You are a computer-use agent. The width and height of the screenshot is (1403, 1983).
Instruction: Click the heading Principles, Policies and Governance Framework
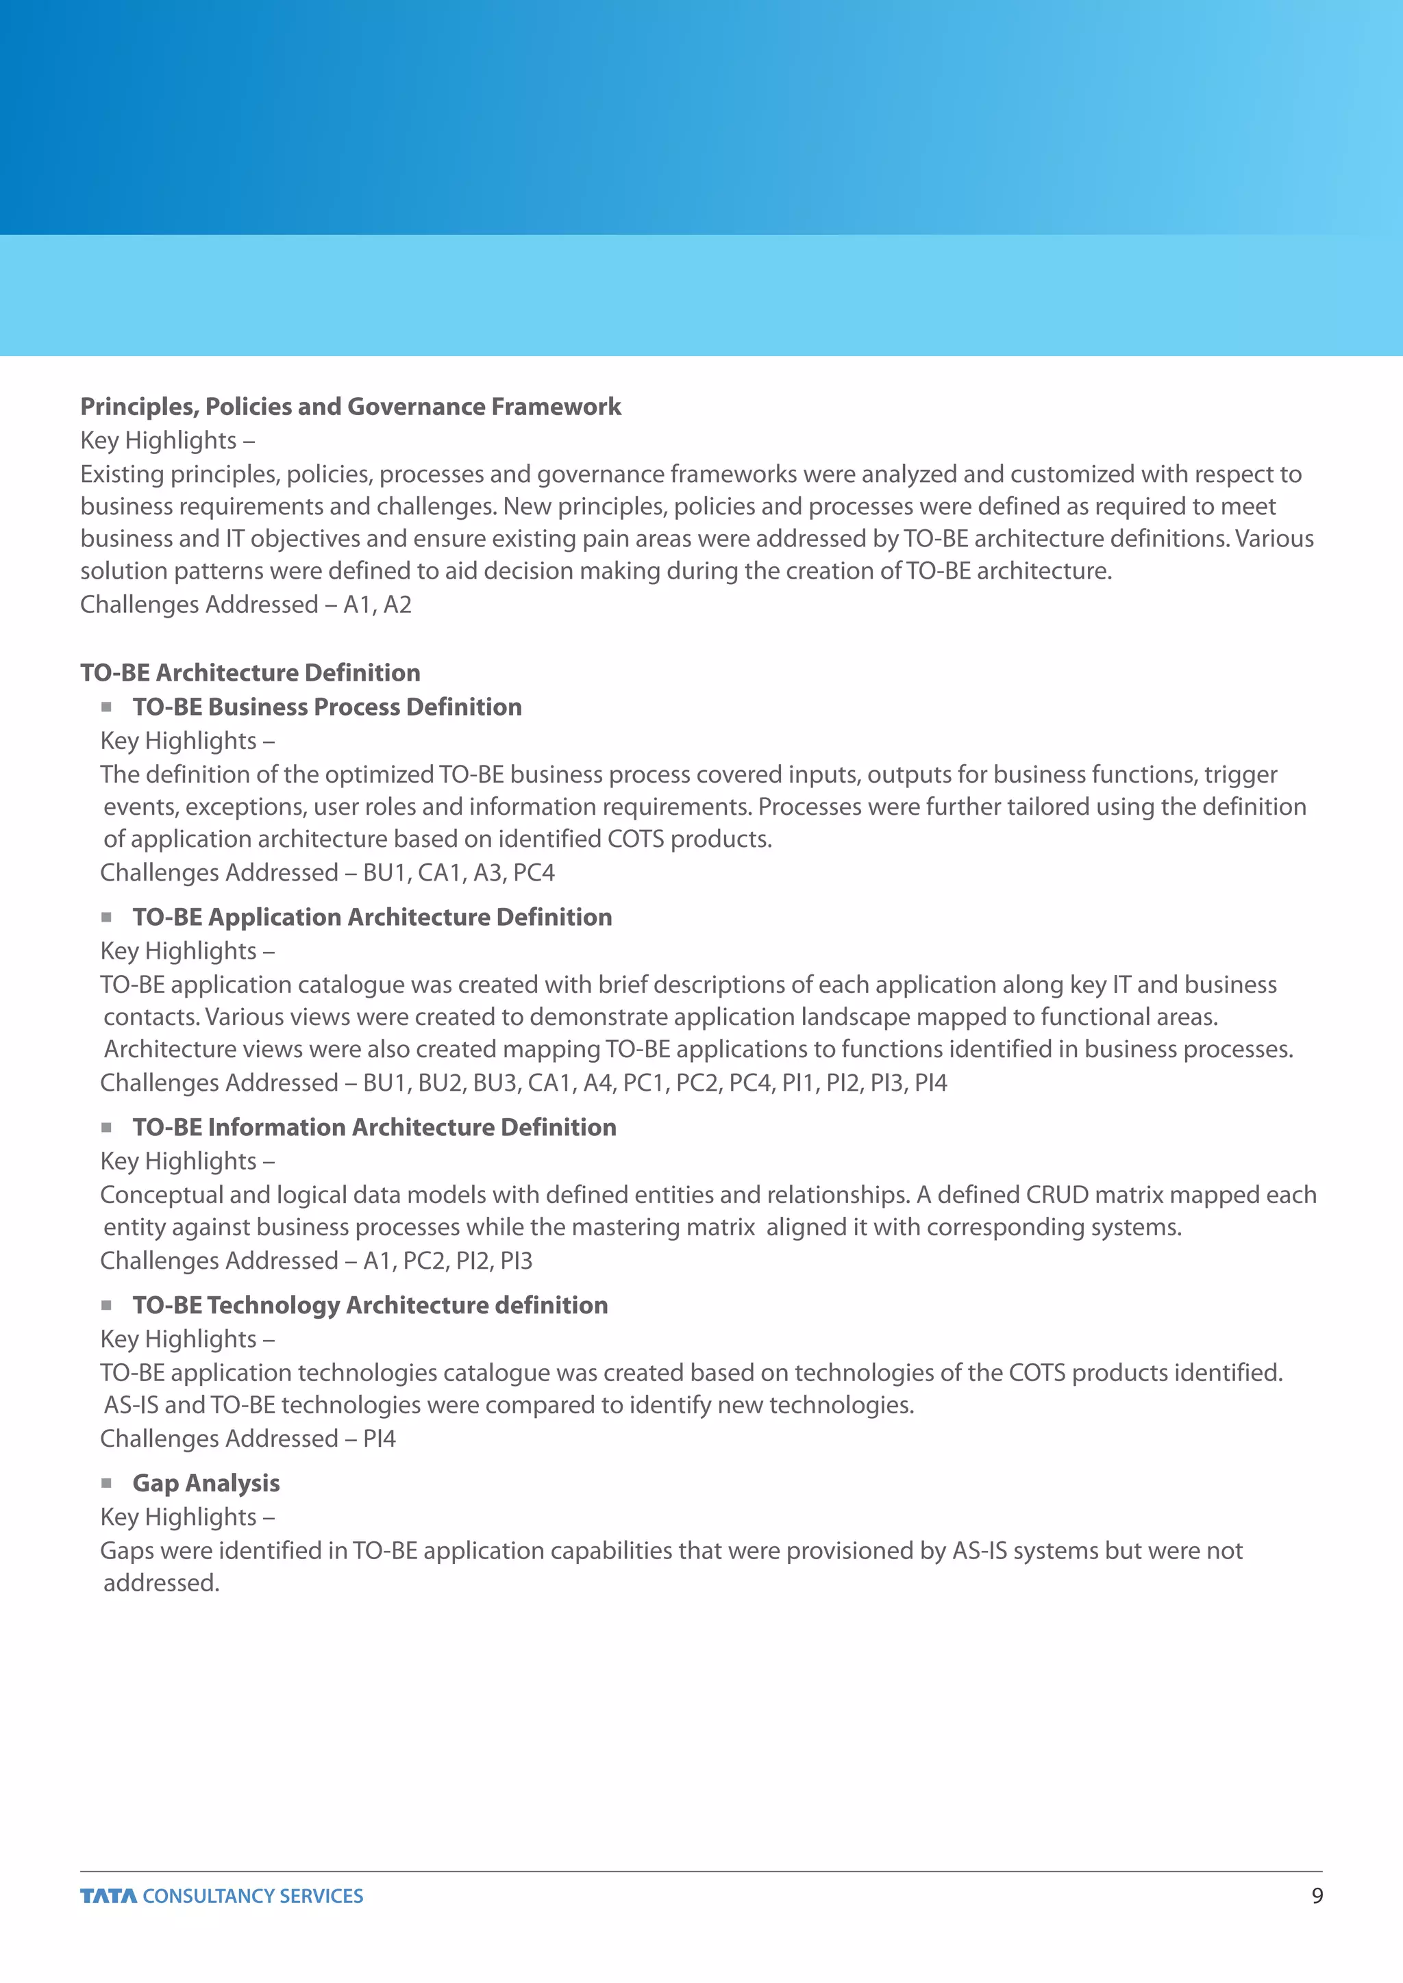coord(350,407)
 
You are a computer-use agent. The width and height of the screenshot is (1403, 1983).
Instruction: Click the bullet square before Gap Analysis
coord(106,1483)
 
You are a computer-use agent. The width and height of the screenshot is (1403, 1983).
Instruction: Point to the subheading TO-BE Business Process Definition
coord(327,707)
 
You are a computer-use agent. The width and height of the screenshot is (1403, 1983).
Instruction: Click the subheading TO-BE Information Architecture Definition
coord(374,1127)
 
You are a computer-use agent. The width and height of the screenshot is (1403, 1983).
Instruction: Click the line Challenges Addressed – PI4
coord(248,1438)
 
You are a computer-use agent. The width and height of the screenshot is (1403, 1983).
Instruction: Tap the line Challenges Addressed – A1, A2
coord(245,605)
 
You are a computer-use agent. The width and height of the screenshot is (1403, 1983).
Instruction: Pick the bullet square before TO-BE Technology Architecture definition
coord(106,1305)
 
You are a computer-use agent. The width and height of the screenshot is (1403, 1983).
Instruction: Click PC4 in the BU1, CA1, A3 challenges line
coord(533,872)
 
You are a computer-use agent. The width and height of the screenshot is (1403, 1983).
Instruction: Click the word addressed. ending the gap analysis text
coord(162,1583)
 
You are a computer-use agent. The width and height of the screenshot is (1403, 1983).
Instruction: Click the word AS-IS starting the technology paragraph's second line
coord(132,1405)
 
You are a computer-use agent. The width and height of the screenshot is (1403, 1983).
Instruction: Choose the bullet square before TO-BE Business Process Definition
coord(106,707)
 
